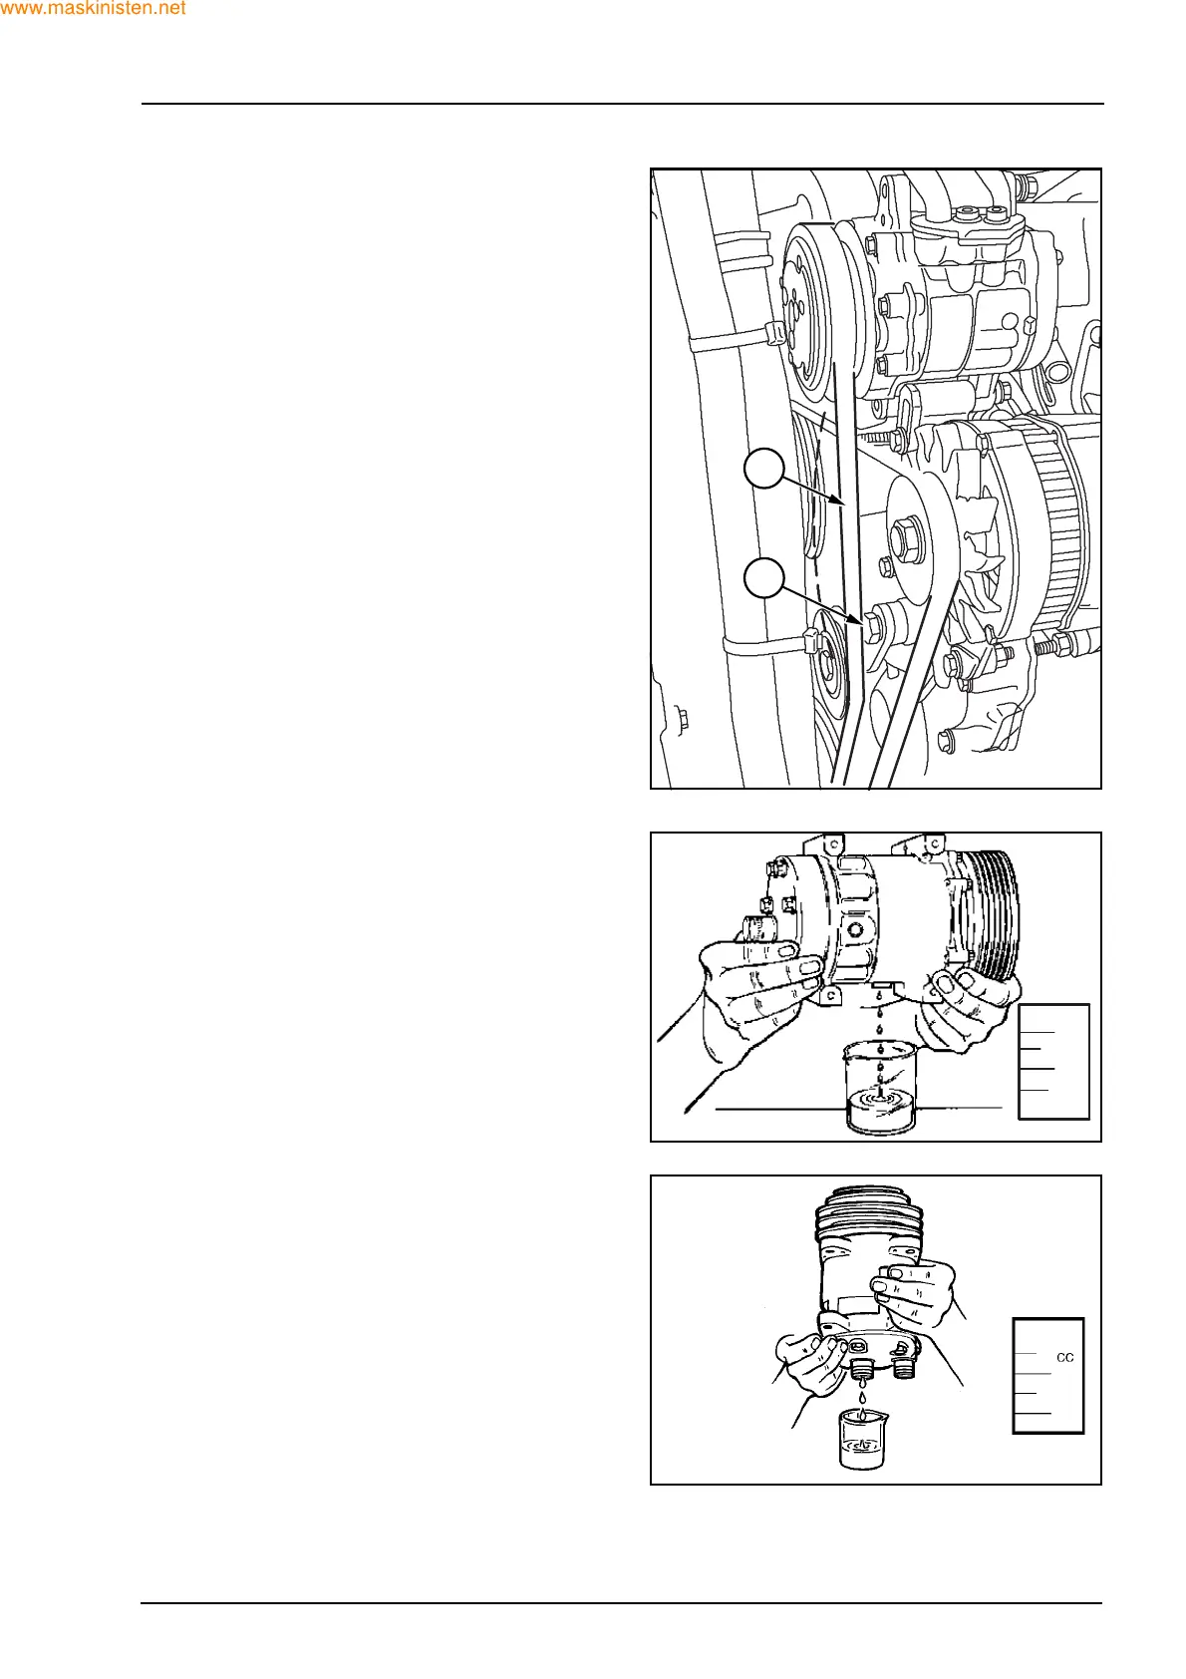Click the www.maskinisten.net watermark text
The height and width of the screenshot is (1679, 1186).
coord(93,9)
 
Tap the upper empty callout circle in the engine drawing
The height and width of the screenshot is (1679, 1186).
coord(764,469)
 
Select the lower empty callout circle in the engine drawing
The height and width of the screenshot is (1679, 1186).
coord(764,578)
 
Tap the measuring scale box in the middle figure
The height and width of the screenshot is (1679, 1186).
coord(1053,1061)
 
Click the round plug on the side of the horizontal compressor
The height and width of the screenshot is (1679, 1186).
coord(854,930)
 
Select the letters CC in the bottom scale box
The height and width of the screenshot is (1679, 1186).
coord(1064,1357)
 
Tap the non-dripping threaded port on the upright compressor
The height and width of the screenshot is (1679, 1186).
coord(903,1367)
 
